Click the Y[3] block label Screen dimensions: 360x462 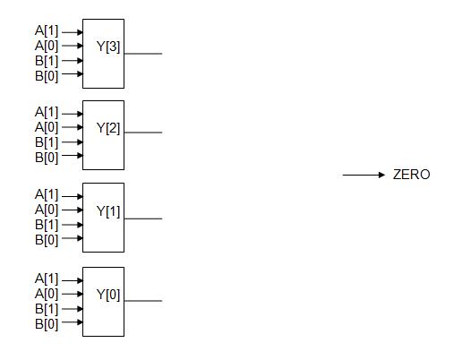point(108,46)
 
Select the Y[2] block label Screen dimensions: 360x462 point(108,127)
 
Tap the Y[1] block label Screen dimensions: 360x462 point(108,211)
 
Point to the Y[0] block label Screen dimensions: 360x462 point(108,294)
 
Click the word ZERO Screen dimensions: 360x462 point(411,175)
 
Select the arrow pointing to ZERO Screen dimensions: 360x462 point(364,175)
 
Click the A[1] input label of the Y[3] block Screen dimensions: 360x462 point(47,31)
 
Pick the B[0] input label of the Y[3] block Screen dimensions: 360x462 point(47,75)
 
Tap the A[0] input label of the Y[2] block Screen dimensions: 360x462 point(47,127)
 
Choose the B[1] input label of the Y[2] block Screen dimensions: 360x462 point(47,142)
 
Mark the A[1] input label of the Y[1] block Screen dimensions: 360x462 point(47,194)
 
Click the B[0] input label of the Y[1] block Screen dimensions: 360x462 point(47,239)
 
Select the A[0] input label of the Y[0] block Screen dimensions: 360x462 point(47,294)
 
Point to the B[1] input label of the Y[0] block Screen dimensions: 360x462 point(47,309)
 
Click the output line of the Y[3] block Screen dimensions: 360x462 point(143,54)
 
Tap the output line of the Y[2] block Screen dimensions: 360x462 point(143,133)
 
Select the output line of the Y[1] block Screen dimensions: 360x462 point(143,218)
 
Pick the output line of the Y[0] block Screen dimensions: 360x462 point(143,301)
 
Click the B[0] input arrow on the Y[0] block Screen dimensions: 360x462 point(73,323)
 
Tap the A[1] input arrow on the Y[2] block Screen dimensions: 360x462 point(73,113)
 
